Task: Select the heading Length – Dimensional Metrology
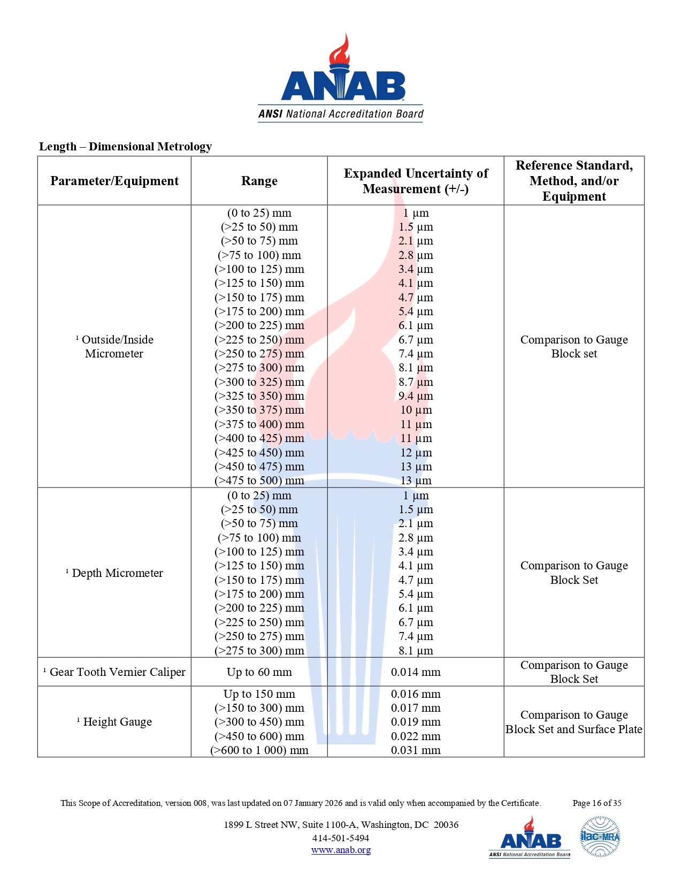click(125, 147)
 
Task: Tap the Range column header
click(259, 181)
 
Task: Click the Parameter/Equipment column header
click(114, 181)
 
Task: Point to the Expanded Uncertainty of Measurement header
click(416, 181)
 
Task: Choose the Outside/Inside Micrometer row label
click(114, 347)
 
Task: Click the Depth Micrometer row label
click(114, 573)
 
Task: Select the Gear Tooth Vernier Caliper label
click(114, 672)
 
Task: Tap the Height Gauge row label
click(114, 722)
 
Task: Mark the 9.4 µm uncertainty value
click(416, 396)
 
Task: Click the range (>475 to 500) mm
click(259, 481)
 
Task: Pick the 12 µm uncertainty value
click(416, 453)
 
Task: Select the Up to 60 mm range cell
click(259, 672)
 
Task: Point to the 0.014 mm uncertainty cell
click(416, 672)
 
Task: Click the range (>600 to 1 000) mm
click(259, 750)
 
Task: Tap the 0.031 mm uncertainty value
click(416, 750)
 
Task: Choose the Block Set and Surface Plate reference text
click(574, 729)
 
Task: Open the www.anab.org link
click(341, 850)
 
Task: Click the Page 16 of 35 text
click(597, 803)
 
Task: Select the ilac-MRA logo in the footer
click(600, 836)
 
